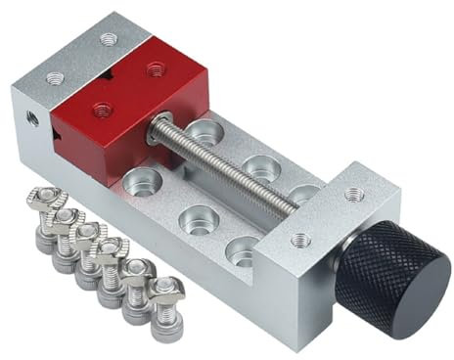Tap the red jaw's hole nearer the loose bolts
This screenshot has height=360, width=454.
[99, 109]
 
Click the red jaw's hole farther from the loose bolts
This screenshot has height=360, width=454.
[154, 68]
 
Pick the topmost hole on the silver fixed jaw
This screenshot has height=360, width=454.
[109, 39]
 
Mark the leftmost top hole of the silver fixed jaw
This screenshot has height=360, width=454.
[51, 75]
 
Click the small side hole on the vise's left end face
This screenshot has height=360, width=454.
[30, 117]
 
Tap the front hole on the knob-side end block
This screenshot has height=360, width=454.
[302, 239]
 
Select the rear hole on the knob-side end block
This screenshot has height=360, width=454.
[353, 194]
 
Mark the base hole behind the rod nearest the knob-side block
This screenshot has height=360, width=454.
[305, 195]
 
